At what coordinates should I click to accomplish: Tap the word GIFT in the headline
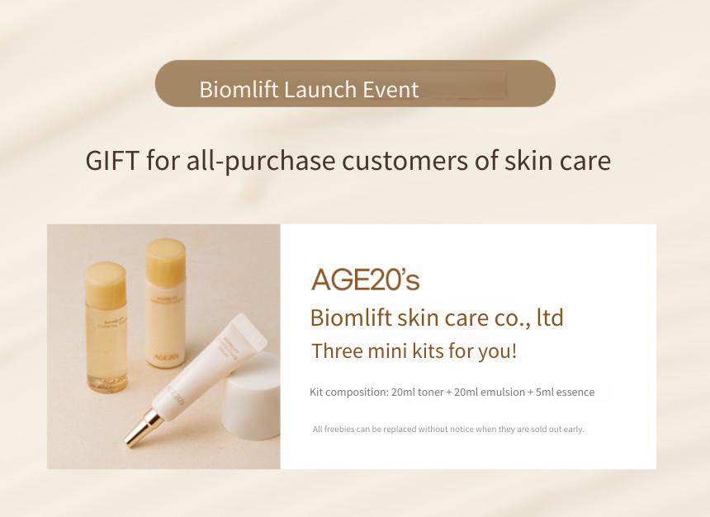pos(111,161)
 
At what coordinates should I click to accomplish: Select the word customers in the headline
pos(405,161)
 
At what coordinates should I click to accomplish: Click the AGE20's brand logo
pos(366,280)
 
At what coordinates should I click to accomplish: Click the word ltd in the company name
pos(550,317)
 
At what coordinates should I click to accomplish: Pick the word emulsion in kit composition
pos(503,392)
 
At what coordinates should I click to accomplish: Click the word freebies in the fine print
pos(339,429)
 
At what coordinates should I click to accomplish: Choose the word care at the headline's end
pos(585,162)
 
